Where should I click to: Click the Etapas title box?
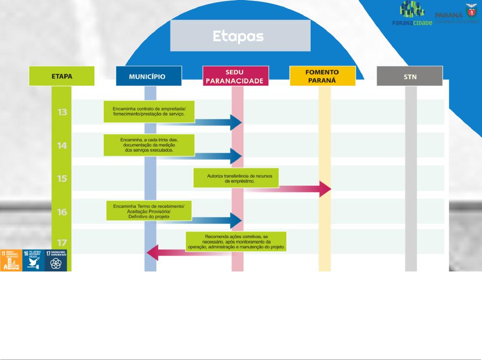point(240,36)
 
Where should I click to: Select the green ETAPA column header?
point(62,76)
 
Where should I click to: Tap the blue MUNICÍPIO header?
point(148,76)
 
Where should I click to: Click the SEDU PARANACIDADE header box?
point(236,76)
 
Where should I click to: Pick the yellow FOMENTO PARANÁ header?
point(322,76)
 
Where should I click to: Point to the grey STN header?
point(410,76)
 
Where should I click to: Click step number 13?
point(62,112)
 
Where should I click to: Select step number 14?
point(62,145)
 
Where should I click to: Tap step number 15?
point(62,179)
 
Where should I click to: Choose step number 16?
point(62,212)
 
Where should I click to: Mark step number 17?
point(62,242)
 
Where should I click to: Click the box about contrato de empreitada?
point(149,111)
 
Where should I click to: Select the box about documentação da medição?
point(149,145)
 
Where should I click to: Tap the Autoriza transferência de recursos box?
point(236,178)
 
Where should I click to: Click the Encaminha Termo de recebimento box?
point(150,212)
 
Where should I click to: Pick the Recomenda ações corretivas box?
point(236,241)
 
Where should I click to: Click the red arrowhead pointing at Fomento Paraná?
point(325,189)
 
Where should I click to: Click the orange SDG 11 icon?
point(11,260)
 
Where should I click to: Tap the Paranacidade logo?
point(412,15)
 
